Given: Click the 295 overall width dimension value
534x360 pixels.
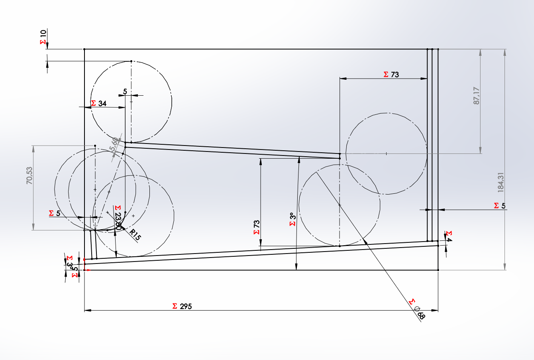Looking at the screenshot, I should click(186, 306).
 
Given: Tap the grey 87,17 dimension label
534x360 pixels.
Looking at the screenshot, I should click(477, 96).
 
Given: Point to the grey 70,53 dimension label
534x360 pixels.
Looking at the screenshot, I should click(29, 175).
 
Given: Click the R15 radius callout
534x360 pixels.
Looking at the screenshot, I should click(135, 234).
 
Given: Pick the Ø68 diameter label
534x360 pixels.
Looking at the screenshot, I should click(420, 314).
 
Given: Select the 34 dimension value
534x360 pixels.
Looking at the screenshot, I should click(102, 104).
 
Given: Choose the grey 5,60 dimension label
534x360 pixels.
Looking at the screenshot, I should click(114, 144).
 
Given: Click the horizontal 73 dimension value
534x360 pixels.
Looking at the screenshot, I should click(395, 75).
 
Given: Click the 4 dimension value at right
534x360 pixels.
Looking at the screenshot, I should click(449, 240).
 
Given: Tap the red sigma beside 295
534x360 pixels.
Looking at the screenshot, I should click(175, 306).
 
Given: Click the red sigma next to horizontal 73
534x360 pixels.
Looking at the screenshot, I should click(386, 75).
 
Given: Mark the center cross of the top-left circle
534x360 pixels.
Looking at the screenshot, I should click(131, 102).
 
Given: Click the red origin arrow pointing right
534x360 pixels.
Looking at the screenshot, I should click(88, 270).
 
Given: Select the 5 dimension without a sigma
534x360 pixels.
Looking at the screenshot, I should click(125, 92).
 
